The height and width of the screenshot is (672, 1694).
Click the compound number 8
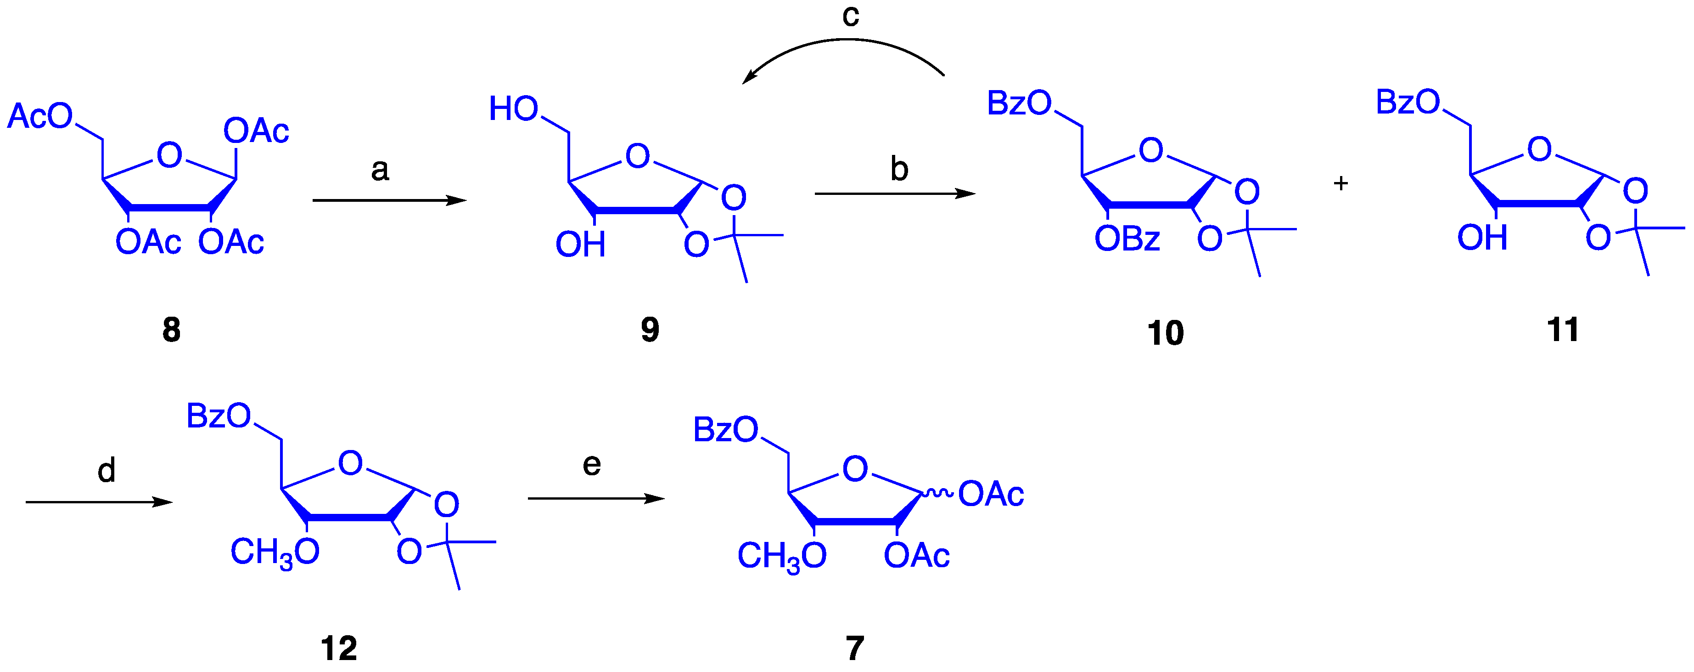[172, 329]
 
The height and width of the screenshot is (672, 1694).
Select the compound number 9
[650, 329]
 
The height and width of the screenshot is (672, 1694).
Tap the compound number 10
[1165, 333]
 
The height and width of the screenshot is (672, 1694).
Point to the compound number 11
[1563, 329]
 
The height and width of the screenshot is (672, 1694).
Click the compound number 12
[339, 648]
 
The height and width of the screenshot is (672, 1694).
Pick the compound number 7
[854, 648]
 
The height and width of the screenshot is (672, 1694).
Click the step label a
[380, 170]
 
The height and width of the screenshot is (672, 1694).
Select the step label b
[899, 169]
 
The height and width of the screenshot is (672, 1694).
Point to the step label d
[107, 471]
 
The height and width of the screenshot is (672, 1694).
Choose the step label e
[591, 465]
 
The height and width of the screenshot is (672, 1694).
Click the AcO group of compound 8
[39, 116]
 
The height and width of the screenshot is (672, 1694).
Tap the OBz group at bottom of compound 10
[1127, 239]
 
